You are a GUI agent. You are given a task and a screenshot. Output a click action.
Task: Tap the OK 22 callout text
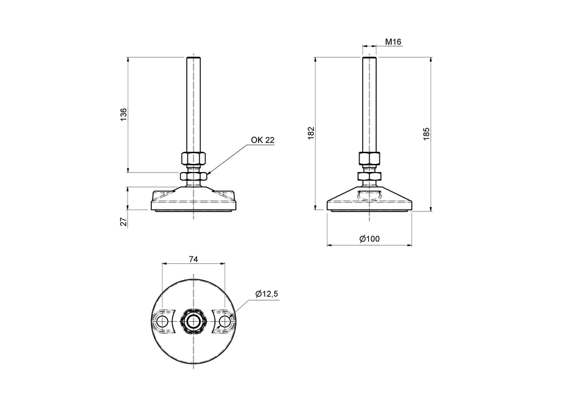(x=263, y=140)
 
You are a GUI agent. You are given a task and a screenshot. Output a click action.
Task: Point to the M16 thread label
(x=393, y=42)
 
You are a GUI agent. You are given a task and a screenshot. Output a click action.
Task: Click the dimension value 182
(x=310, y=133)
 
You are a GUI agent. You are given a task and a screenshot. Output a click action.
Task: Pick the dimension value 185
(x=426, y=133)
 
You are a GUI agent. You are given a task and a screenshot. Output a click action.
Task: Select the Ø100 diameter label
(x=369, y=239)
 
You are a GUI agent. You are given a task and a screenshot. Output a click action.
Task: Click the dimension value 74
(x=193, y=259)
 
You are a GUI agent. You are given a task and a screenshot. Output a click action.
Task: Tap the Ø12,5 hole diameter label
(x=267, y=293)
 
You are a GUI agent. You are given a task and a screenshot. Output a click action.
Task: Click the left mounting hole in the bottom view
(x=162, y=322)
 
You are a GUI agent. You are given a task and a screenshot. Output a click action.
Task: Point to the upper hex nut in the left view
(x=193, y=161)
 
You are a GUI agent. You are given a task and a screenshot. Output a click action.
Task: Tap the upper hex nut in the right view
(x=369, y=159)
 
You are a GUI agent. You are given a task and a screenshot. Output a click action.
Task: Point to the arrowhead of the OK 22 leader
(x=209, y=175)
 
